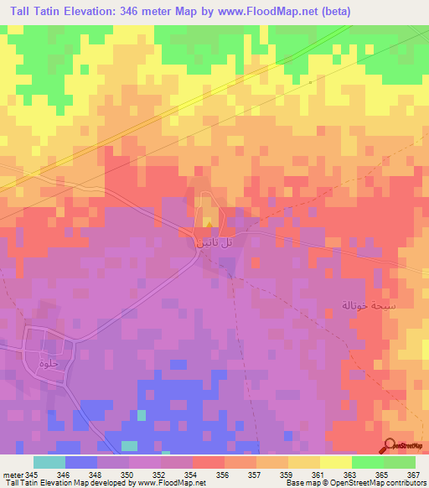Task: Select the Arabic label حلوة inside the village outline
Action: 47,362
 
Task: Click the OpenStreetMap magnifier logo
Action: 390,446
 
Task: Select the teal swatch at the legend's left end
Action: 49,462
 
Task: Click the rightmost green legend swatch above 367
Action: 400,462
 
